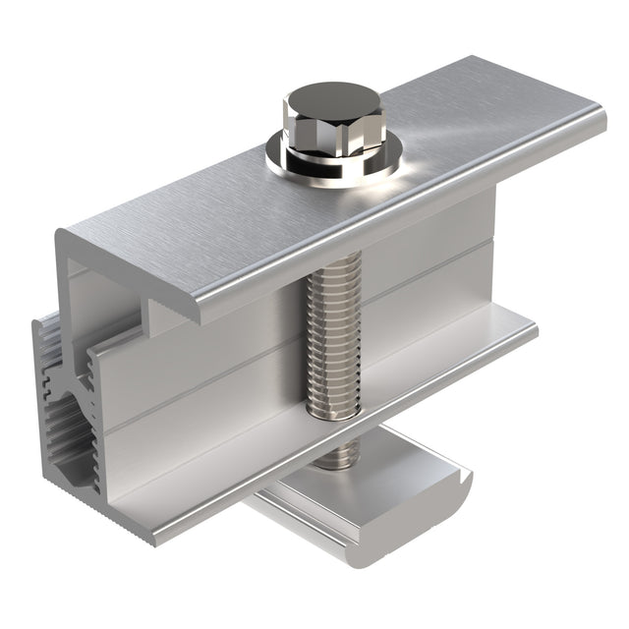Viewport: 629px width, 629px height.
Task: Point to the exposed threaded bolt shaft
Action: click(x=333, y=334)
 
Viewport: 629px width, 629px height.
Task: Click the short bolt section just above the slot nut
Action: click(x=339, y=453)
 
